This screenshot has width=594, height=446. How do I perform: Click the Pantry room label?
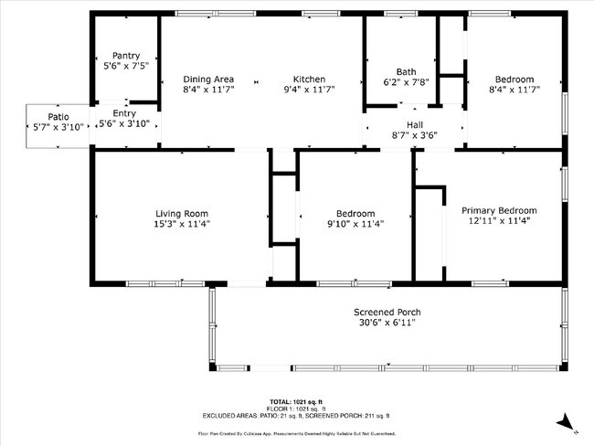(125, 56)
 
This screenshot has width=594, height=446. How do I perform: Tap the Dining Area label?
(208, 79)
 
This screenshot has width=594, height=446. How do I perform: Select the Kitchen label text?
(309, 79)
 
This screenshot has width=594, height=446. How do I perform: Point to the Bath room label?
(406, 72)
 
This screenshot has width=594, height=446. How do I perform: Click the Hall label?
(415, 124)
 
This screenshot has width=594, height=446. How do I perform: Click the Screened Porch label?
(387, 312)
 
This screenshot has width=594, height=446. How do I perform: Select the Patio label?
(58, 117)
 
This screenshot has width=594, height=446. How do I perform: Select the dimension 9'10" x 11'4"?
(355, 224)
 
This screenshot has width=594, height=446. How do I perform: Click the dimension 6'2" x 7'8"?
(406, 83)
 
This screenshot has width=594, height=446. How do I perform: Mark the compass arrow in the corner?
(567, 421)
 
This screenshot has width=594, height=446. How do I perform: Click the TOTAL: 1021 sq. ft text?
(296, 402)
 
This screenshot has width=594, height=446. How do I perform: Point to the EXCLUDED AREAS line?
(296, 416)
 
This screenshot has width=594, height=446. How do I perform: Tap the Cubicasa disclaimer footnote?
(296, 433)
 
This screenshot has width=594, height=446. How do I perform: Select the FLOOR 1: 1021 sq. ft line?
(296, 409)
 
